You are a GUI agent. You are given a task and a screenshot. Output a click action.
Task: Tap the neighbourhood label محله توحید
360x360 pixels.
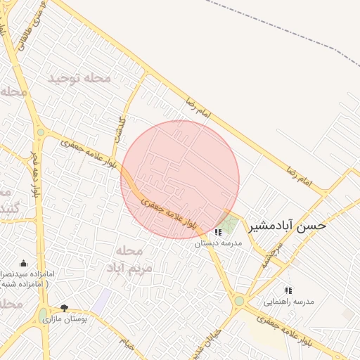[79, 78]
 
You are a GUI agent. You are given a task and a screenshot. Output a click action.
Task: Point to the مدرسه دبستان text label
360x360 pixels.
[217, 243]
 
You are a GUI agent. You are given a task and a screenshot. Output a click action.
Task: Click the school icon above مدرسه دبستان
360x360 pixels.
[218, 232]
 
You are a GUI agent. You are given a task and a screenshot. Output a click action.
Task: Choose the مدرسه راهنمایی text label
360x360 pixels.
[288, 302]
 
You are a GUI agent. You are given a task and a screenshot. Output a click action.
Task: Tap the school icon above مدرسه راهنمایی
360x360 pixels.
[288, 290]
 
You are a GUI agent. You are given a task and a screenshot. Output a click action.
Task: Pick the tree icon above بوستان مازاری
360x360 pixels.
[64, 308]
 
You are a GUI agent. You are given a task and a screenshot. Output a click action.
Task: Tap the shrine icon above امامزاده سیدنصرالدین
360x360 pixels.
[23, 264]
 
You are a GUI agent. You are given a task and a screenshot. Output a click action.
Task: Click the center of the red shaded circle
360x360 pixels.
[180, 179]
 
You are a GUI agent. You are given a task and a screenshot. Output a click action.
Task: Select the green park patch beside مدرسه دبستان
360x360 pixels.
[228, 222]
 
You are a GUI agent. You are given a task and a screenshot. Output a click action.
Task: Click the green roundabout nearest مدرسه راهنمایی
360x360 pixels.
[239, 301]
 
